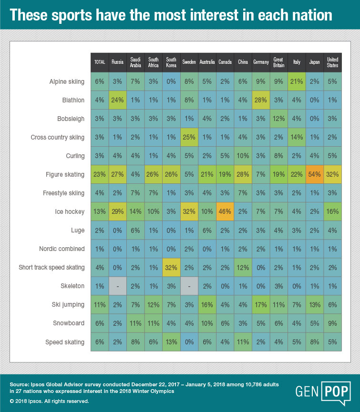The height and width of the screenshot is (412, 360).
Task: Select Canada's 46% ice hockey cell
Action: pyautogui.click(x=225, y=211)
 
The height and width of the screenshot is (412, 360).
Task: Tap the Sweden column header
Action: pyautogui.click(x=189, y=62)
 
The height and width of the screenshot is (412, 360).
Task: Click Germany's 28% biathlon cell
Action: pyautogui.click(x=261, y=100)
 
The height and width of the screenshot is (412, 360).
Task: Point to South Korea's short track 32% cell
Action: pyautogui.click(x=171, y=267)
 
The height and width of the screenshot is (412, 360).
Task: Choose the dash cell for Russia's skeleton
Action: pyautogui.click(x=117, y=286)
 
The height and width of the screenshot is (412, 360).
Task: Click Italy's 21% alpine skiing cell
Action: pyautogui.click(x=297, y=81)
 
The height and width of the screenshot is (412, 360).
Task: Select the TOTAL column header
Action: pyautogui.click(x=100, y=62)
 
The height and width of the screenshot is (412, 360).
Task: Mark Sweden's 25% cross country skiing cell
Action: pyautogui.click(x=189, y=137)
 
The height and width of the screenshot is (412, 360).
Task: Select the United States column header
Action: pyautogui.click(x=332, y=62)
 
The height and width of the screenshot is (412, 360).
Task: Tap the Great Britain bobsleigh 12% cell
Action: pyautogui.click(x=278, y=119)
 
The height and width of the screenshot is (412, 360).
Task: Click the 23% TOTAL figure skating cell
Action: pyautogui.click(x=100, y=174)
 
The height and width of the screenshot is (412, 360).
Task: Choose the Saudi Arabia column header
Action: pyautogui.click(x=135, y=62)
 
